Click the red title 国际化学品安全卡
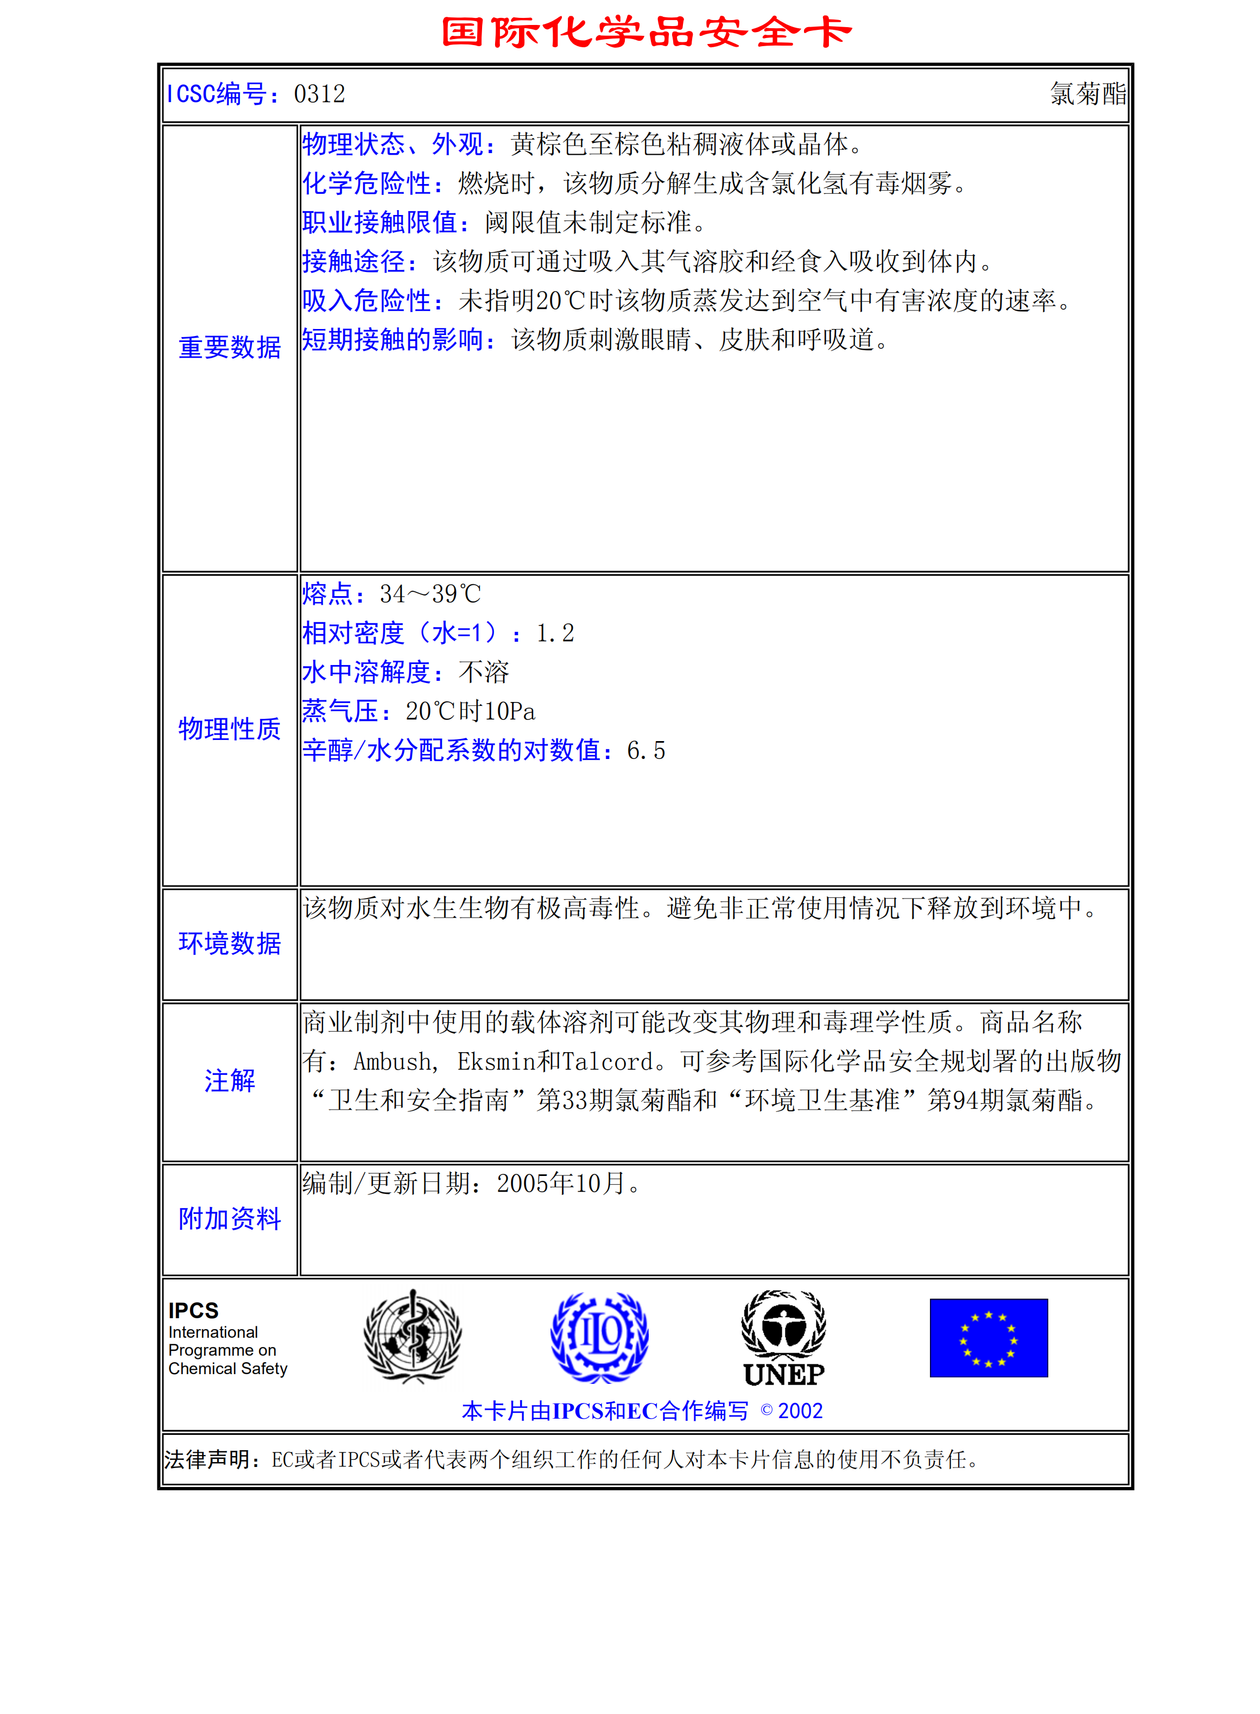coord(646,33)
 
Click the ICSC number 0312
coord(320,94)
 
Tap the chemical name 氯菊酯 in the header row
coord(1087,94)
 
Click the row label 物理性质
coord(230,729)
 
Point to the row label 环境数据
coord(230,944)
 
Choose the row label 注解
coord(230,1081)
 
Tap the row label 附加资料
coord(230,1219)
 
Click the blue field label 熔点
coord(326,593)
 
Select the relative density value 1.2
coord(555,633)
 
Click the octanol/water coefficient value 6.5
coord(646,751)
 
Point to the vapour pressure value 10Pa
coord(510,712)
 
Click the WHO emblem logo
coord(413,1337)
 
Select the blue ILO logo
coord(599,1337)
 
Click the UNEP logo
coord(783,1339)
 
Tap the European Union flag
coord(989,1338)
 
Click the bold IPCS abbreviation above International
coord(194,1311)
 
